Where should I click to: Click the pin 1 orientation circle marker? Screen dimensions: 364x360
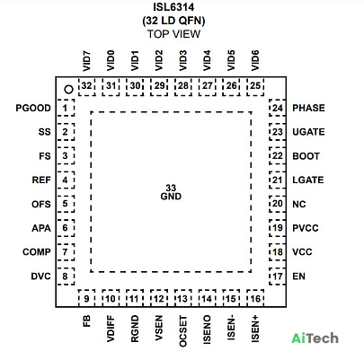point(69,89)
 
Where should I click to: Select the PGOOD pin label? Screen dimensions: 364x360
point(33,108)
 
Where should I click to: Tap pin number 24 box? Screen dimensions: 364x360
point(277,108)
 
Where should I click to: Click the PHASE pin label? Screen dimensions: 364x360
point(308,108)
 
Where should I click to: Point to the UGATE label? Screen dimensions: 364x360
point(308,132)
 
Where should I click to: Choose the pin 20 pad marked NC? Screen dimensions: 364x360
point(277,204)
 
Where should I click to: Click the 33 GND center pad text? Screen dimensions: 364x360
point(171,192)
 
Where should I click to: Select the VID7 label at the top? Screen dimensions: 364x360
point(86,61)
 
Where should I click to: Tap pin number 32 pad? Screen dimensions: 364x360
point(86,86)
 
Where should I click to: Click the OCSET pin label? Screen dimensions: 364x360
point(182,331)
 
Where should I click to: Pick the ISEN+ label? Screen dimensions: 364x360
point(255,329)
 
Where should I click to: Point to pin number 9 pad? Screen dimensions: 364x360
point(86,298)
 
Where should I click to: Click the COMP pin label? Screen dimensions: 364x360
point(37,252)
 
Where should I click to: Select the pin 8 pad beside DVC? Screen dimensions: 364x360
point(66,276)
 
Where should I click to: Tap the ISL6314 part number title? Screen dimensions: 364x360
point(173,7)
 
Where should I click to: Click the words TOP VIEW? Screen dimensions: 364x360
point(173,34)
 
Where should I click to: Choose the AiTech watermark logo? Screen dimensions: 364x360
point(315,338)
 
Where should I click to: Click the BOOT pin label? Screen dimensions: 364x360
point(306,156)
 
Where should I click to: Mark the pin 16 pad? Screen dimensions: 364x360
point(255,298)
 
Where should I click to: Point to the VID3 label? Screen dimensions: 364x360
point(182,61)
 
